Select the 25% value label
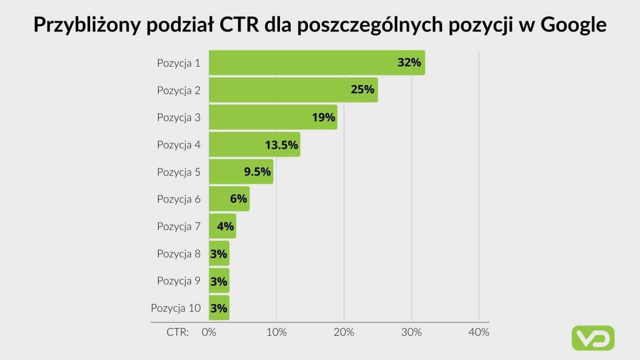(x=362, y=90)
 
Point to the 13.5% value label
(x=281, y=145)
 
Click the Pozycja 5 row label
(x=178, y=172)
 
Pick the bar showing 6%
(x=229, y=199)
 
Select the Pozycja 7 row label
(x=178, y=226)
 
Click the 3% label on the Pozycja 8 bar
(x=219, y=254)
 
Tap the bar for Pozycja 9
(x=219, y=281)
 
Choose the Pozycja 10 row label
(x=175, y=308)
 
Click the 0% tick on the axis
(x=209, y=332)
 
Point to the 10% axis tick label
(x=276, y=332)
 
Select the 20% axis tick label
(x=344, y=332)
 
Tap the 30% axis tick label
(x=411, y=332)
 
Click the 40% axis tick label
(x=479, y=332)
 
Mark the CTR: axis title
(x=177, y=332)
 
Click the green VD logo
(x=593, y=338)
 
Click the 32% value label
(x=409, y=62)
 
